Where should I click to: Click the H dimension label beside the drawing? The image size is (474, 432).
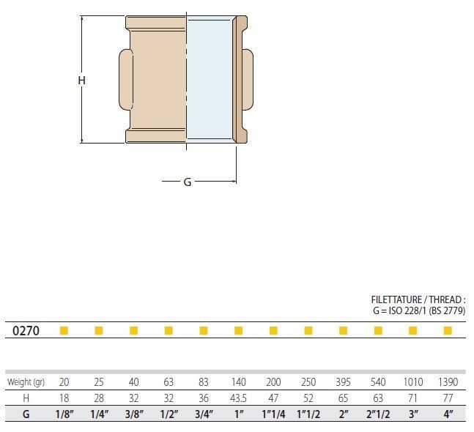click(x=81, y=81)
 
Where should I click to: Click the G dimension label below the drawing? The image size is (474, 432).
click(x=188, y=182)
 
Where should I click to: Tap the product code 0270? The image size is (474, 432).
click(x=26, y=331)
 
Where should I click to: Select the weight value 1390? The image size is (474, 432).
click(x=448, y=382)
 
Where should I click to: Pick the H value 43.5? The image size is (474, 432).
click(x=239, y=398)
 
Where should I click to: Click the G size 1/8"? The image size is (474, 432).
click(x=64, y=414)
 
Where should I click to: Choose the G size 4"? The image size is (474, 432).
click(x=448, y=414)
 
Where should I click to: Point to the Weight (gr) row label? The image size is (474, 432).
click(x=26, y=382)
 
